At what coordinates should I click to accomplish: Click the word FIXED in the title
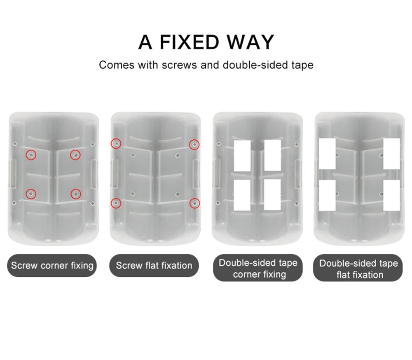(189, 42)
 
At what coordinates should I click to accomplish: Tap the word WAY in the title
(250, 42)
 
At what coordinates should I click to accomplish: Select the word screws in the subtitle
(179, 65)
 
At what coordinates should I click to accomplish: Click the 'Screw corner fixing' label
(52, 265)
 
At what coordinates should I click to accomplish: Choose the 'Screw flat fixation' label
(154, 265)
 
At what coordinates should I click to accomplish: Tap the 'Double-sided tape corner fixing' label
(258, 268)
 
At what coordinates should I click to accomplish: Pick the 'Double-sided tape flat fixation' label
(358, 268)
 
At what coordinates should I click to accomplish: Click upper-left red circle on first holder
(31, 155)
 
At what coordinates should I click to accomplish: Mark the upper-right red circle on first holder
(75, 155)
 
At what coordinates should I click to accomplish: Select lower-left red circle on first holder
(31, 194)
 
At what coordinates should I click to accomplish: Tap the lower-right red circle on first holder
(76, 194)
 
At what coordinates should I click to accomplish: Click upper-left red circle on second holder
(116, 144)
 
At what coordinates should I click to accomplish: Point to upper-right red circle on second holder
(194, 145)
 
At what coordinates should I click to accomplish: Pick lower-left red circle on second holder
(116, 203)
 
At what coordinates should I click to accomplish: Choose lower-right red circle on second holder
(194, 203)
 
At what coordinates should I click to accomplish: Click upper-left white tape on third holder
(242, 156)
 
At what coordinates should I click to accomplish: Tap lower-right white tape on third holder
(272, 195)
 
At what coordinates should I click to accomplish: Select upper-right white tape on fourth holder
(391, 154)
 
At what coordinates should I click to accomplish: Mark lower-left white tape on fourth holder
(327, 196)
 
